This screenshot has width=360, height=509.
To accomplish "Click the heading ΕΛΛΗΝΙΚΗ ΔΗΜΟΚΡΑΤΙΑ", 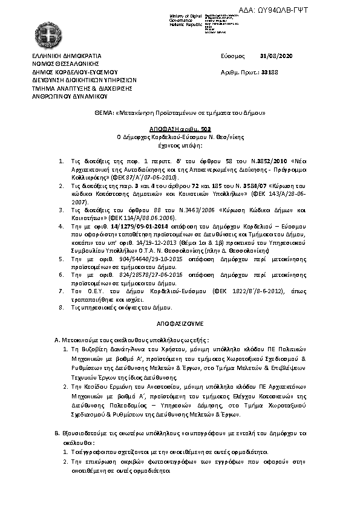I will click(62, 56).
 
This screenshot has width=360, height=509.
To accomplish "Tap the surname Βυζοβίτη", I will click(94, 349).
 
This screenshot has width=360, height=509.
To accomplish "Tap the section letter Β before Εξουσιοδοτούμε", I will click(56, 434).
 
